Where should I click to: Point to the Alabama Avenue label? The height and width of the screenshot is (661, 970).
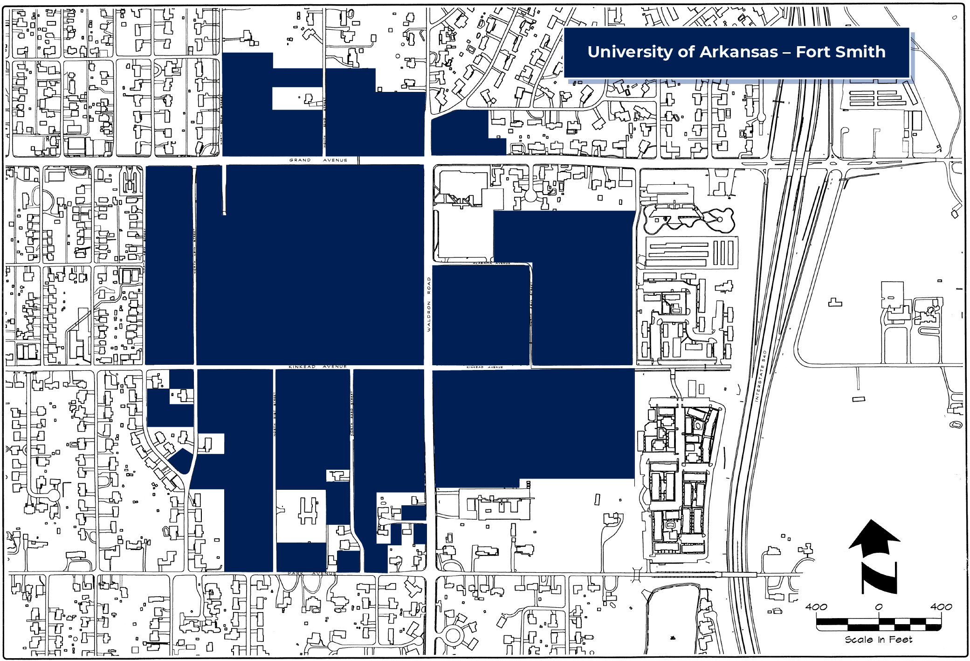pos(491,263)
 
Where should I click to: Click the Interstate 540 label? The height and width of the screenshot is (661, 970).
pos(760,376)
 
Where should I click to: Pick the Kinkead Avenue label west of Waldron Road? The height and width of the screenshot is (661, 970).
pos(317,367)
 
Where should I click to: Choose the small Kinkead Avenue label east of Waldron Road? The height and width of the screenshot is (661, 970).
pos(484,367)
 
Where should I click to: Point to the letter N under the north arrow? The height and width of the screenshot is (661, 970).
pos(879,578)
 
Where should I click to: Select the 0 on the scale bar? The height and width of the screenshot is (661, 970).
pos(879,607)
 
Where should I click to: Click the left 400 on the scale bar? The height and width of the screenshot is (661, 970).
pos(816,607)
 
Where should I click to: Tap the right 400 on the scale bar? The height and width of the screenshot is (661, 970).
pos(941,607)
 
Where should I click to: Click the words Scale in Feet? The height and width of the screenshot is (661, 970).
pos(878,640)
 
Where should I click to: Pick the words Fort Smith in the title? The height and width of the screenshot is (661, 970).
pos(840,52)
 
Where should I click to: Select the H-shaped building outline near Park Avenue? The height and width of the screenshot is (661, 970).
pos(308,510)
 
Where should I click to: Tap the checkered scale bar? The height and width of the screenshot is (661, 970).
pos(879,623)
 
